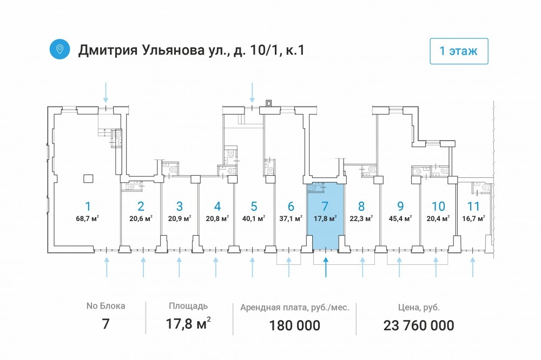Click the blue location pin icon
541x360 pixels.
[x=60, y=49]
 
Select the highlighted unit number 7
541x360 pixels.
[x=325, y=206]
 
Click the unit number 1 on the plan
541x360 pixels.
[x=88, y=206]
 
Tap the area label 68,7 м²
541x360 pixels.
[x=88, y=218]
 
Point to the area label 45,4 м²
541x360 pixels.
[x=400, y=218]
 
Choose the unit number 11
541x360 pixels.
[x=473, y=206]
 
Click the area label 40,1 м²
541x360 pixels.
[x=254, y=218]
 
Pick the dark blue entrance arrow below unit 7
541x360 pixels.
[x=326, y=267]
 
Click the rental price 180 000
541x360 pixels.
[x=295, y=325]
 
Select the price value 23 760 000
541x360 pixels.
[x=419, y=325]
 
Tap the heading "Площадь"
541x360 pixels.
[x=188, y=306]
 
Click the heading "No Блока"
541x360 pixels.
[x=105, y=306]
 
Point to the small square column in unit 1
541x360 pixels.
[x=88, y=178]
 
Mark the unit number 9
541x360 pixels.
[x=400, y=206]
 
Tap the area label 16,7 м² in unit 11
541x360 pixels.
[x=474, y=218]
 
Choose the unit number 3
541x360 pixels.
[x=180, y=206]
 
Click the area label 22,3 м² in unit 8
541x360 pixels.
[x=361, y=218]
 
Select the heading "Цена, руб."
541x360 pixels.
[x=419, y=307]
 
